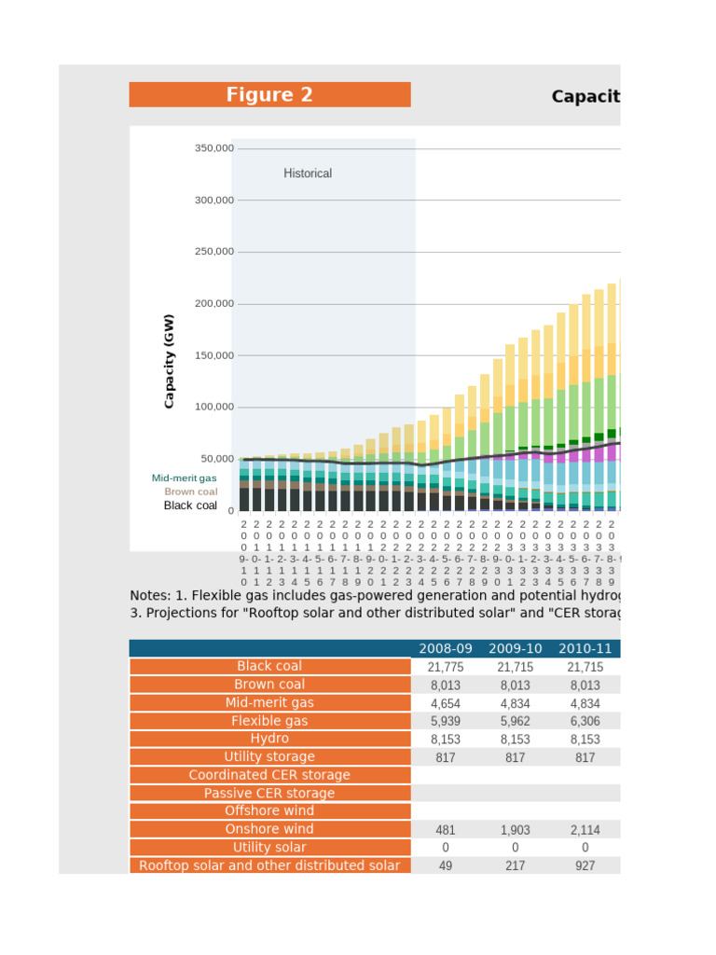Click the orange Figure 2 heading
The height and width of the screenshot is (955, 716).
tap(269, 95)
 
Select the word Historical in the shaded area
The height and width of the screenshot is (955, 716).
tap(308, 173)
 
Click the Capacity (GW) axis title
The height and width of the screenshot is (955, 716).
tap(169, 361)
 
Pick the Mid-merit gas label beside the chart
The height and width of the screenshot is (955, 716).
tap(185, 477)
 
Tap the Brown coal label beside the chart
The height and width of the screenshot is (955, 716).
tap(191, 491)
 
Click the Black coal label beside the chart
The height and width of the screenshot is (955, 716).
tap(190, 505)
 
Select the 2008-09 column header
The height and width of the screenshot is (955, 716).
tap(446, 649)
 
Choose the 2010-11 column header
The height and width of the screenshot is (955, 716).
tap(585, 649)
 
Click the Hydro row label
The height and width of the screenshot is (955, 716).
tap(269, 739)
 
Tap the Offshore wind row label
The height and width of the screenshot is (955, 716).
tap(269, 811)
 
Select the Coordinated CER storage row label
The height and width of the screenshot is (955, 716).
tap(269, 775)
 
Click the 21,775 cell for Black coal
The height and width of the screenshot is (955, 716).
tap(446, 667)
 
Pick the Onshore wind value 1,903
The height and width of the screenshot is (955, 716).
tap(516, 830)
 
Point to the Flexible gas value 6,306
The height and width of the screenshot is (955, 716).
tap(585, 721)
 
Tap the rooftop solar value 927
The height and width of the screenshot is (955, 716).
tap(585, 865)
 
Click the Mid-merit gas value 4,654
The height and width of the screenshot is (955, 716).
tap(446, 703)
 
